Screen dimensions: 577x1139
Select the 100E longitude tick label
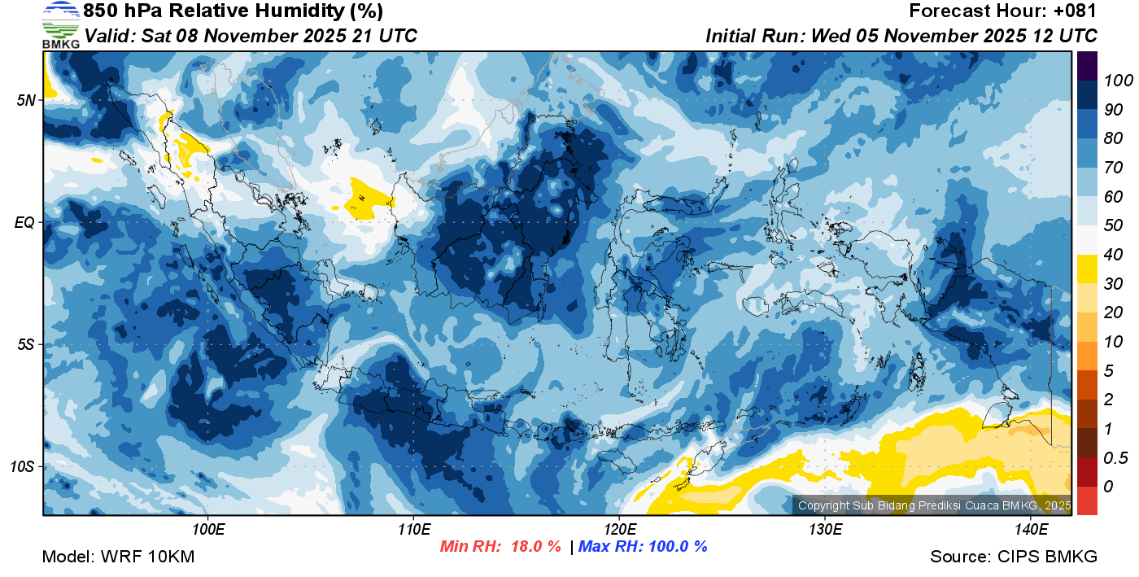208,529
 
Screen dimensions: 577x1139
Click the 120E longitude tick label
619,529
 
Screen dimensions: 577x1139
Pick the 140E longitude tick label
1031,529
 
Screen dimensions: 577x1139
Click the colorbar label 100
1112,81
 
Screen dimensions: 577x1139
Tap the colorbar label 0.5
1112,457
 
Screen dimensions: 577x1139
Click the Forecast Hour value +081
1074,11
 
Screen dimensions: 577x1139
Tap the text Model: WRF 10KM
118,557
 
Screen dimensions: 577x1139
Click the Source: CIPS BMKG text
1014,557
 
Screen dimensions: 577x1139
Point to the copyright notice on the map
934,505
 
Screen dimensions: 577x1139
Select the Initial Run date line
901,36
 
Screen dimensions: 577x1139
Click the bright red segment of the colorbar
1087,501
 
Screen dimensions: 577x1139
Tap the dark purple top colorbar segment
1087,65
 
